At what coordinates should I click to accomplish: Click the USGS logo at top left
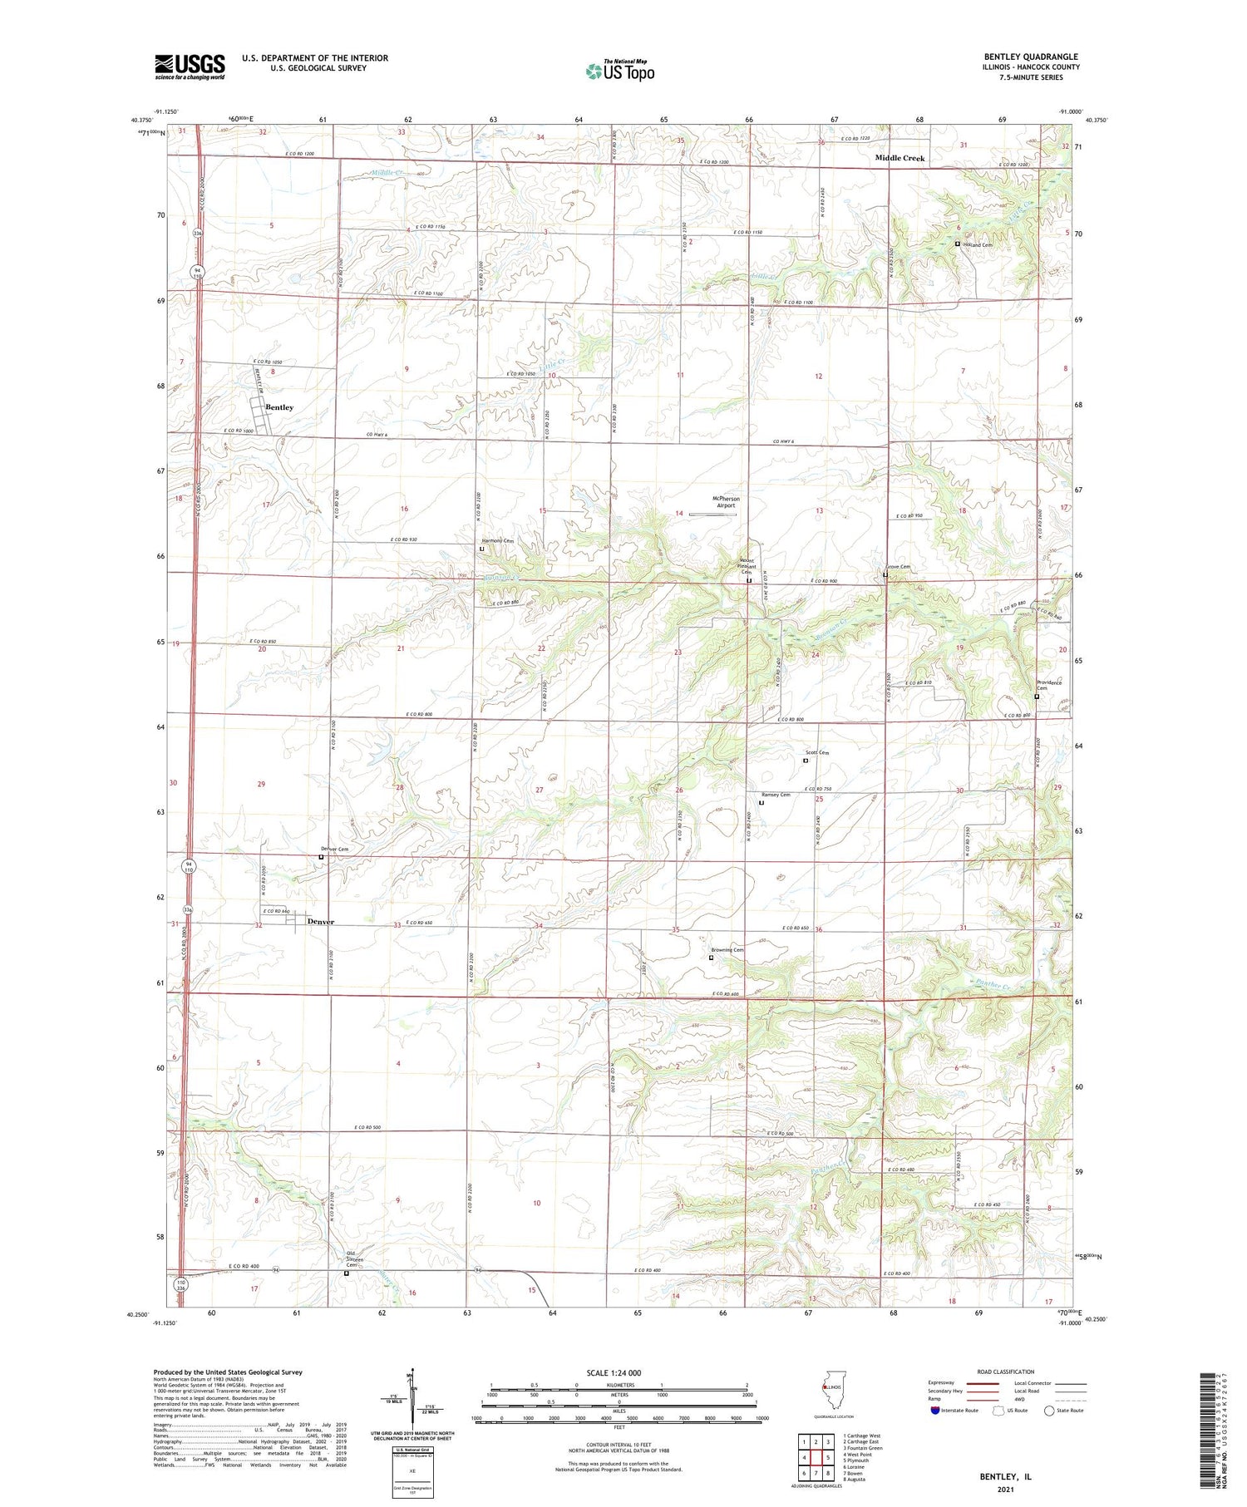coord(190,66)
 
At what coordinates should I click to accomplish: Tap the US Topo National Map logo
coord(619,71)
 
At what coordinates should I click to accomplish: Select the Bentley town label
coord(279,407)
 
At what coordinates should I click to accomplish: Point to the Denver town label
coord(321,922)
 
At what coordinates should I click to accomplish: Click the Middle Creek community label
coord(900,158)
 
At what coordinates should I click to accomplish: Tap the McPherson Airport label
coord(726,502)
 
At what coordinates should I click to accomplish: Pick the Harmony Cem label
coord(498,541)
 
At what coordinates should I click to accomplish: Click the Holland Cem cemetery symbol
coord(957,244)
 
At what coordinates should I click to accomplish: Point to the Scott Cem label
coord(817,753)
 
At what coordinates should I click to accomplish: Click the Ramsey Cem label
coord(776,795)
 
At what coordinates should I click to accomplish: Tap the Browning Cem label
coord(727,950)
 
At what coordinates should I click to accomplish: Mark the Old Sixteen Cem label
coord(356,1259)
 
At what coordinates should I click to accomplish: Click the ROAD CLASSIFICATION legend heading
coord(1005,1372)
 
